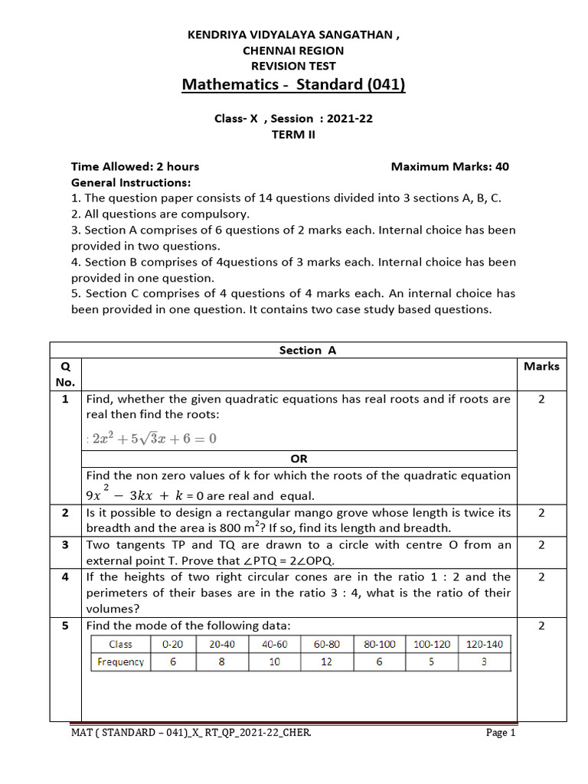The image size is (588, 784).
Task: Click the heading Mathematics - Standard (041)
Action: click(x=293, y=83)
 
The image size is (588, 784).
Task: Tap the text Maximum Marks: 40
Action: click(x=449, y=166)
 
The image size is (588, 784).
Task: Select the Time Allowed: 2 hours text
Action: click(x=135, y=166)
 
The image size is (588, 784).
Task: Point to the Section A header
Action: click(x=308, y=350)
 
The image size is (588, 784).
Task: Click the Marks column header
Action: click(x=541, y=366)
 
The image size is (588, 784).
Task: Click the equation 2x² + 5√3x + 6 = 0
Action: click(x=154, y=439)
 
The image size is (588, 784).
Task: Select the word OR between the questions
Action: click(x=299, y=459)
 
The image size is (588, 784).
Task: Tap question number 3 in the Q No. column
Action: click(x=66, y=544)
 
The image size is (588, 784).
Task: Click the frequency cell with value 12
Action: click(x=326, y=661)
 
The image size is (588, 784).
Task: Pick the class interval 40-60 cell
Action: click(x=274, y=644)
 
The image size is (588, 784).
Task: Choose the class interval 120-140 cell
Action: click(x=484, y=644)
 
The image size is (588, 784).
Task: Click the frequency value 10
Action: click(x=274, y=661)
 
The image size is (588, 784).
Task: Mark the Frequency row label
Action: click(x=120, y=661)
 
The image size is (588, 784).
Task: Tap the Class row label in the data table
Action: click(x=120, y=644)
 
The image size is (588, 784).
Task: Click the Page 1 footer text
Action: click(x=501, y=733)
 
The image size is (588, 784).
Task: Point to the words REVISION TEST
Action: click(x=293, y=66)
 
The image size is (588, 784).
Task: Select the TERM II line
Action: click(x=293, y=134)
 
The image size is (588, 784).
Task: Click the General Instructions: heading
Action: click(x=131, y=182)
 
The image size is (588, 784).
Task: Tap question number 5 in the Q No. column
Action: click(x=66, y=626)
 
